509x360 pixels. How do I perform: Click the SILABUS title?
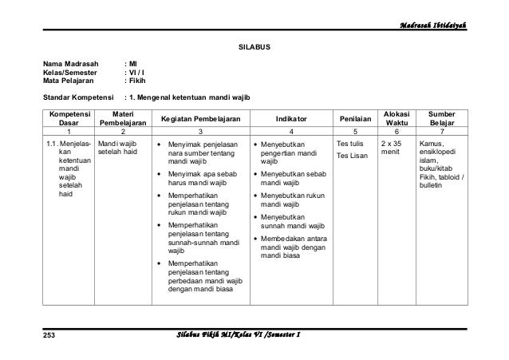tap(255, 48)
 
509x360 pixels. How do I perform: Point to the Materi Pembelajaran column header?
tap(122, 118)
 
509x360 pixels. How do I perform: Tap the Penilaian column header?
tap(354, 118)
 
